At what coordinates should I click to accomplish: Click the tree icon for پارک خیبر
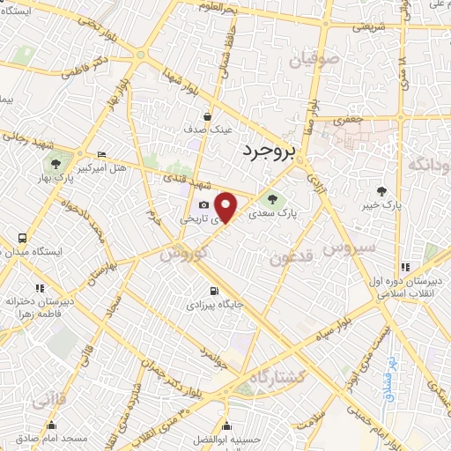pos(381,190)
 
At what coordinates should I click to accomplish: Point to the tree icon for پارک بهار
pos(55,162)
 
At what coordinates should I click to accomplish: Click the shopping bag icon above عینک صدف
pos(208,115)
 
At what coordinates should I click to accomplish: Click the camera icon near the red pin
pos(204,204)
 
